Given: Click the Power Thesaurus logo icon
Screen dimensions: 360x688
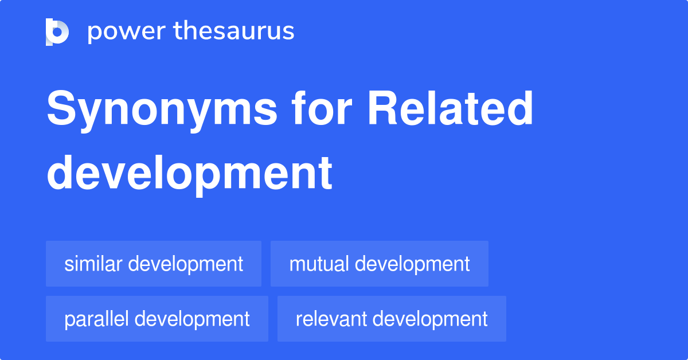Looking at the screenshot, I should [x=57, y=32].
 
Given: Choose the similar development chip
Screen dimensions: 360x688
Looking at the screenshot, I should [x=154, y=264].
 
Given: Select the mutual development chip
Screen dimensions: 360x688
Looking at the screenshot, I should [x=380, y=264].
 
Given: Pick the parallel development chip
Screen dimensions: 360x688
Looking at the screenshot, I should [x=157, y=319].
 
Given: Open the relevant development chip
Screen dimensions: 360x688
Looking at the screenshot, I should [x=392, y=319].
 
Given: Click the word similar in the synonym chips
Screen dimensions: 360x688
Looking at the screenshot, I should [x=93, y=264].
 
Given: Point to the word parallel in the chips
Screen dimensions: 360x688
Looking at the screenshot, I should [x=96, y=319].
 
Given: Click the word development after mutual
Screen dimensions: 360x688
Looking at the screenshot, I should [x=412, y=264].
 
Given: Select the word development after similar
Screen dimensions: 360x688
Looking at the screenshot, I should [x=185, y=264].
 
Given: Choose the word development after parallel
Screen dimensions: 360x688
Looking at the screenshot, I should [x=192, y=319].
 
